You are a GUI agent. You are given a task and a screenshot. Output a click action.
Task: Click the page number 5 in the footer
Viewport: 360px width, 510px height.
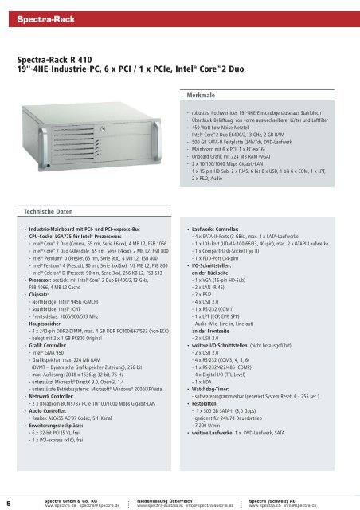coord(8,502)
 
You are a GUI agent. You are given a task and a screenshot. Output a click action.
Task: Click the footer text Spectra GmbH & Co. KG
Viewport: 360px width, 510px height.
coord(65,498)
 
